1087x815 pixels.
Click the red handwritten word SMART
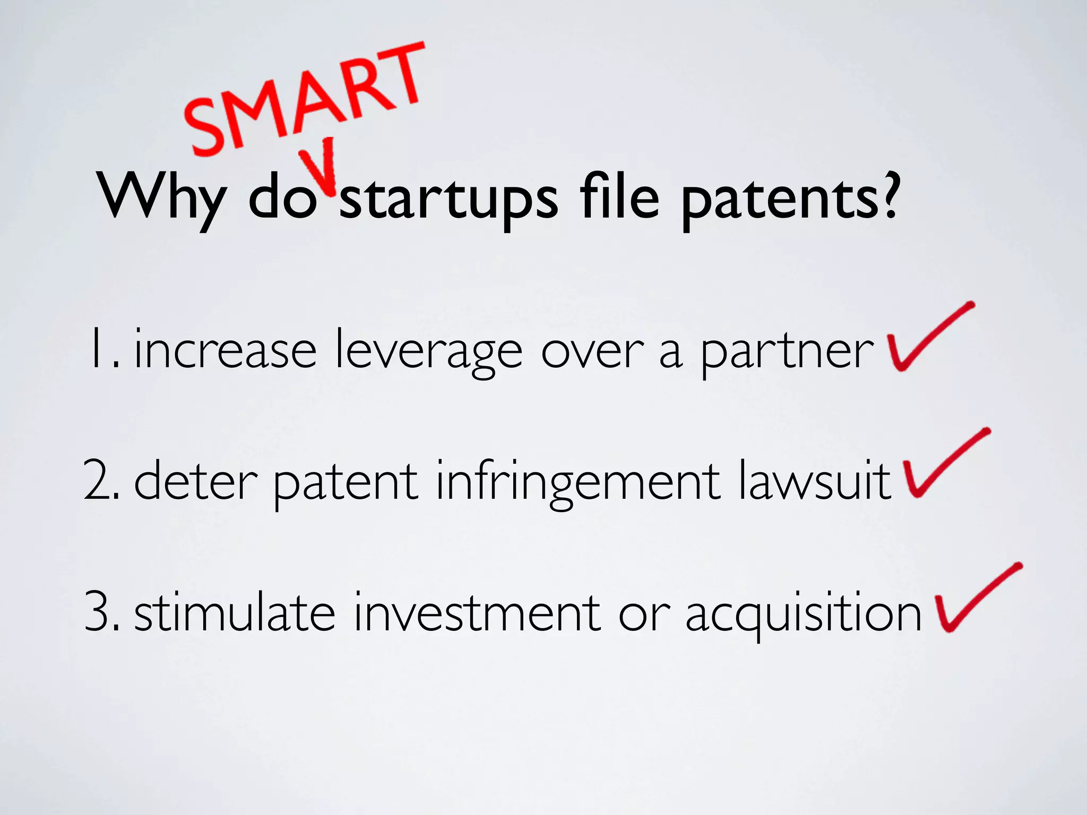[305, 98]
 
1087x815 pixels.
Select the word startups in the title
[448, 200]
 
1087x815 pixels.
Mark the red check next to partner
[926, 340]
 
